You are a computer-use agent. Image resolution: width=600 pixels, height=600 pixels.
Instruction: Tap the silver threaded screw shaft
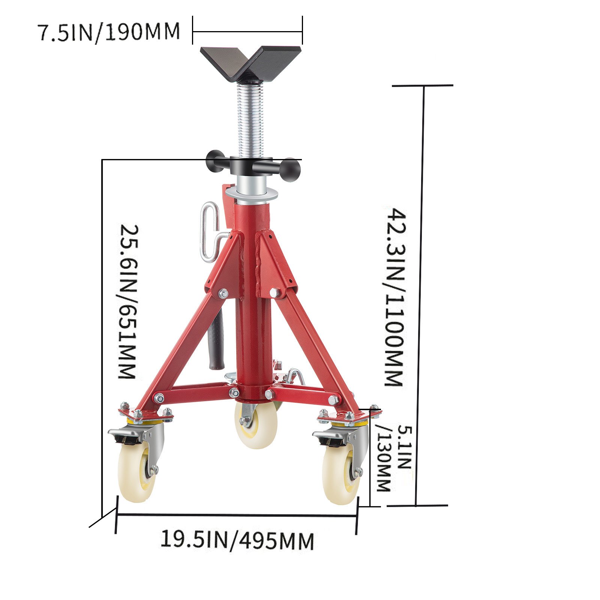249,120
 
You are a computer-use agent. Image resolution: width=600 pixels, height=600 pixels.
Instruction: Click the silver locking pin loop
209,231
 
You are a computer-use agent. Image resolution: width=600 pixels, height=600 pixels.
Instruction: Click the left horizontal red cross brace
195,392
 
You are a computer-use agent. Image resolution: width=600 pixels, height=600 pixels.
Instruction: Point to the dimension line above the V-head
247,32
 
